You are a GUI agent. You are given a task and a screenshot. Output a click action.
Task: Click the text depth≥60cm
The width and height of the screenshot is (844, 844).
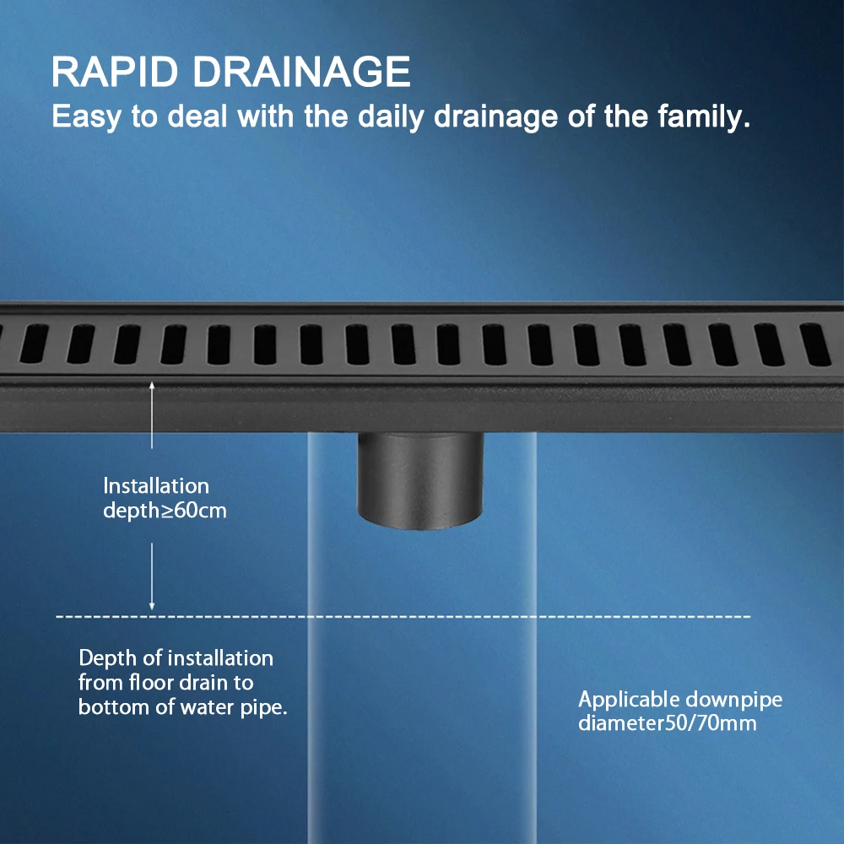pyautogui.click(x=165, y=511)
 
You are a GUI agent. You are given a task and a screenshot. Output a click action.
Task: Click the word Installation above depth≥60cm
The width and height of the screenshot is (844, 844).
pyautogui.click(x=156, y=486)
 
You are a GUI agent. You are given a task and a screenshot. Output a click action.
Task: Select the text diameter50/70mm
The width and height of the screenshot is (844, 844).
pyautogui.click(x=667, y=724)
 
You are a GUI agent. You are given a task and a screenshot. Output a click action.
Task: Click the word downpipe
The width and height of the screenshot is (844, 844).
pyautogui.click(x=733, y=701)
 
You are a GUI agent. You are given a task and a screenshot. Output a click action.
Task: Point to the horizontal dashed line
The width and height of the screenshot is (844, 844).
pyautogui.click(x=422, y=617)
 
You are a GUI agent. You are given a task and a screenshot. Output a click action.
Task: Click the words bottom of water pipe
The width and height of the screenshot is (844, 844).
pyautogui.click(x=184, y=706)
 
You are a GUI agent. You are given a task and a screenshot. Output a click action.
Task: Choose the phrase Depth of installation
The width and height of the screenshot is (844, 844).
pyautogui.click(x=176, y=658)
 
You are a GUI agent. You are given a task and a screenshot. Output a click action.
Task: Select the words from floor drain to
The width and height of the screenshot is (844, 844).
pyautogui.click(x=165, y=682)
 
